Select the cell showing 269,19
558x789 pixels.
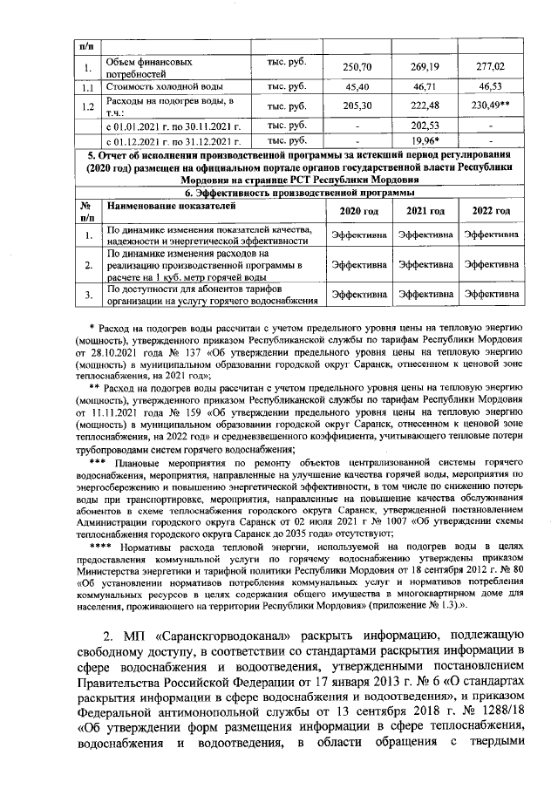425,67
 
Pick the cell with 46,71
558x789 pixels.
425,87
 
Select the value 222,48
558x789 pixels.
425,105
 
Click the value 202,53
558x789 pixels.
425,125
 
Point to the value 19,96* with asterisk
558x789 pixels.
425,139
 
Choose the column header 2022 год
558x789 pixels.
491,212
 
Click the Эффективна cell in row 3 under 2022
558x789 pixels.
491,295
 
